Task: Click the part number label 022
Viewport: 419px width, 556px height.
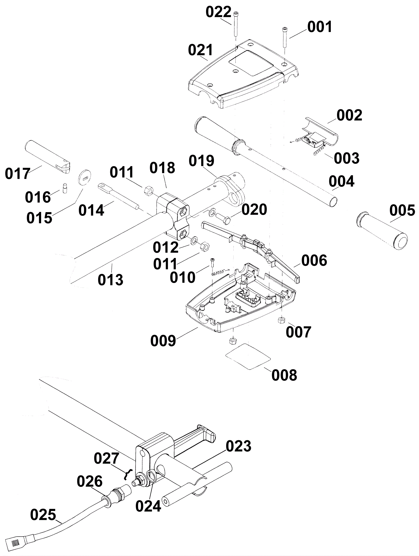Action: pos(218,12)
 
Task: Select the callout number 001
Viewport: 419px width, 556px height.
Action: pos(320,27)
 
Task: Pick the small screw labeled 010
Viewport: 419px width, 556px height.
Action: pos(212,262)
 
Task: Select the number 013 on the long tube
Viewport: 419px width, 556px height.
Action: pos(111,280)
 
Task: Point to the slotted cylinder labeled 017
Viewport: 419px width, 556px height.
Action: pos(48,157)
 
